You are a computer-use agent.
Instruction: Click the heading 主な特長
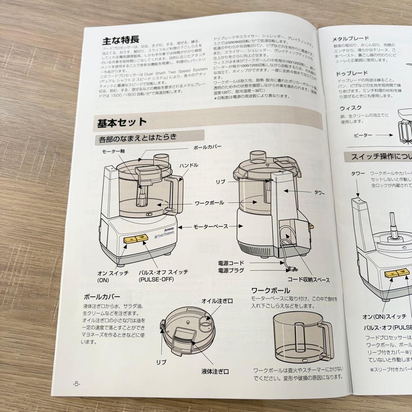(x=120, y=40)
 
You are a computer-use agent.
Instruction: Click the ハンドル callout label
(x=188, y=165)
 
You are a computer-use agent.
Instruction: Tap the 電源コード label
(x=231, y=263)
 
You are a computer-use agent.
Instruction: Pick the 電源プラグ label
(x=231, y=270)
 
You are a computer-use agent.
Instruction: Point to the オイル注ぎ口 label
(x=217, y=301)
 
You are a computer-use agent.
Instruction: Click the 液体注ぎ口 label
(x=216, y=371)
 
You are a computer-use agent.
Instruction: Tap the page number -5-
(x=77, y=383)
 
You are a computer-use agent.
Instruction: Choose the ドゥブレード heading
(x=351, y=73)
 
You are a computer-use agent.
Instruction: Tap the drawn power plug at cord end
(x=291, y=269)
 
